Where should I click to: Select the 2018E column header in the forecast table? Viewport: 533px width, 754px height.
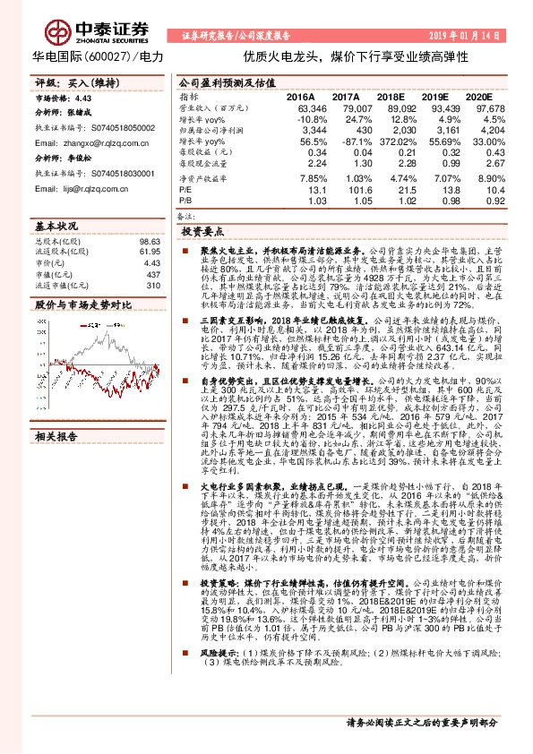pyautogui.click(x=390, y=96)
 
